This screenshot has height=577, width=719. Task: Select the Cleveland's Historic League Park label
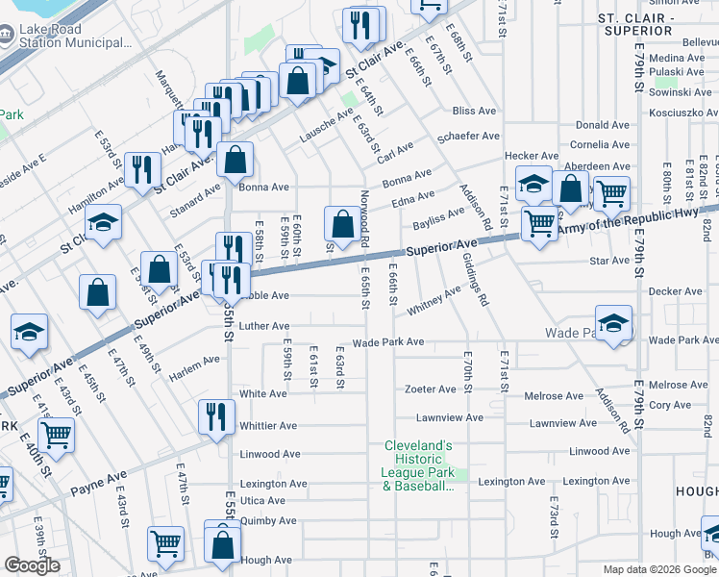tap(418, 465)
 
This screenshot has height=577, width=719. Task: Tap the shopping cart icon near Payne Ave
tap(57, 435)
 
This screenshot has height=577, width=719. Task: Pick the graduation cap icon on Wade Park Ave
tap(613, 324)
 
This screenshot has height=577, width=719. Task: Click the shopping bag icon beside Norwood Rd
tap(342, 225)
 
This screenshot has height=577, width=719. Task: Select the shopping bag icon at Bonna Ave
tap(236, 161)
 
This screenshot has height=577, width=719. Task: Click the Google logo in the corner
tap(32, 565)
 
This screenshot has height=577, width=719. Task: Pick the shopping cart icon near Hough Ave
tap(165, 543)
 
